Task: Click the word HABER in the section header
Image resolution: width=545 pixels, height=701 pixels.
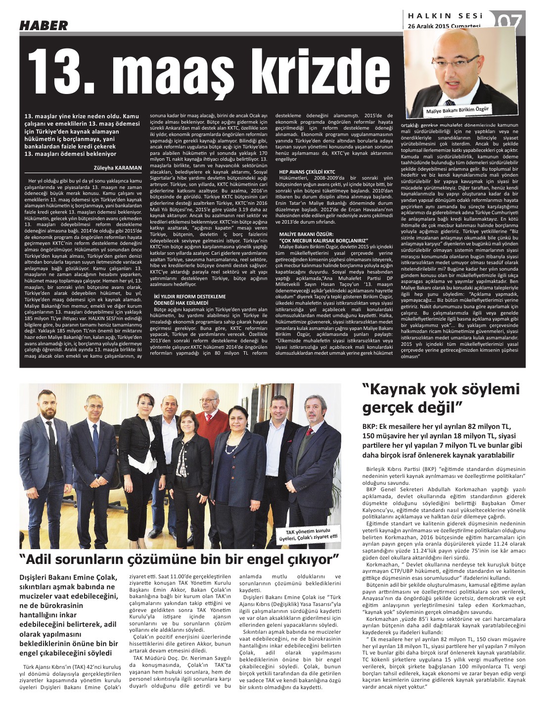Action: pyautogui.click(x=44, y=25)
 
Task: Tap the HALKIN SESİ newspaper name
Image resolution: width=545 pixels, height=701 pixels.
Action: pyautogui.click(x=445, y=16)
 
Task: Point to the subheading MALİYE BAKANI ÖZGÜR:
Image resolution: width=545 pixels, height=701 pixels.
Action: pyautogui.click(x=306, y=234)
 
